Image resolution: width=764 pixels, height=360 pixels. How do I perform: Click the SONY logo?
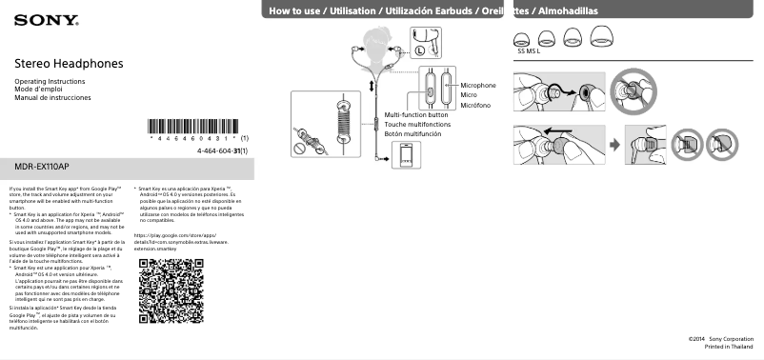click(x=33, y=18)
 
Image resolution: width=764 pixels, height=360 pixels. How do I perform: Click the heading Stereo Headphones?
click(x=69, y=63)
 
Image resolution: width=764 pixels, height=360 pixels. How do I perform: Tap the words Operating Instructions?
click(x=50, y=82)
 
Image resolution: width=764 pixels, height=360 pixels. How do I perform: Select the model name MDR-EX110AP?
click(x=49, y=167)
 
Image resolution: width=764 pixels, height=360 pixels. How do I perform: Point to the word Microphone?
click(x=478, y=86)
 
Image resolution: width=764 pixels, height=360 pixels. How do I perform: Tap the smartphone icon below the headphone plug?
click(x=407, y=155)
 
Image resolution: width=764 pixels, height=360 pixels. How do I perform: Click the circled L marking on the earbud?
click(x=419, y=50)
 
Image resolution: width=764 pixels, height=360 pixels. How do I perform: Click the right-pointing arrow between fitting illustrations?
click(x=614, y=145)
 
